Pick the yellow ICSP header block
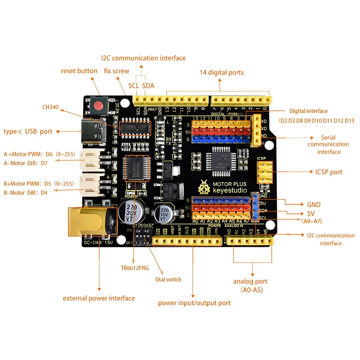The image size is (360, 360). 264,172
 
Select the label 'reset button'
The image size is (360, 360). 79,71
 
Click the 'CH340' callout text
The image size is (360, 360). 50,107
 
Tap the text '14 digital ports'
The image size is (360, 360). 222,73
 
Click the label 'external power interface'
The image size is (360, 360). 99,298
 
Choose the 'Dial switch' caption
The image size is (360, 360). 168,279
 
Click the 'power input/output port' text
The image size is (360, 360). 194,303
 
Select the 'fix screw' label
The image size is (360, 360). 117,71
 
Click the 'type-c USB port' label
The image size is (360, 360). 28,131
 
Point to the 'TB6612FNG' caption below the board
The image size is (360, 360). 135,268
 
